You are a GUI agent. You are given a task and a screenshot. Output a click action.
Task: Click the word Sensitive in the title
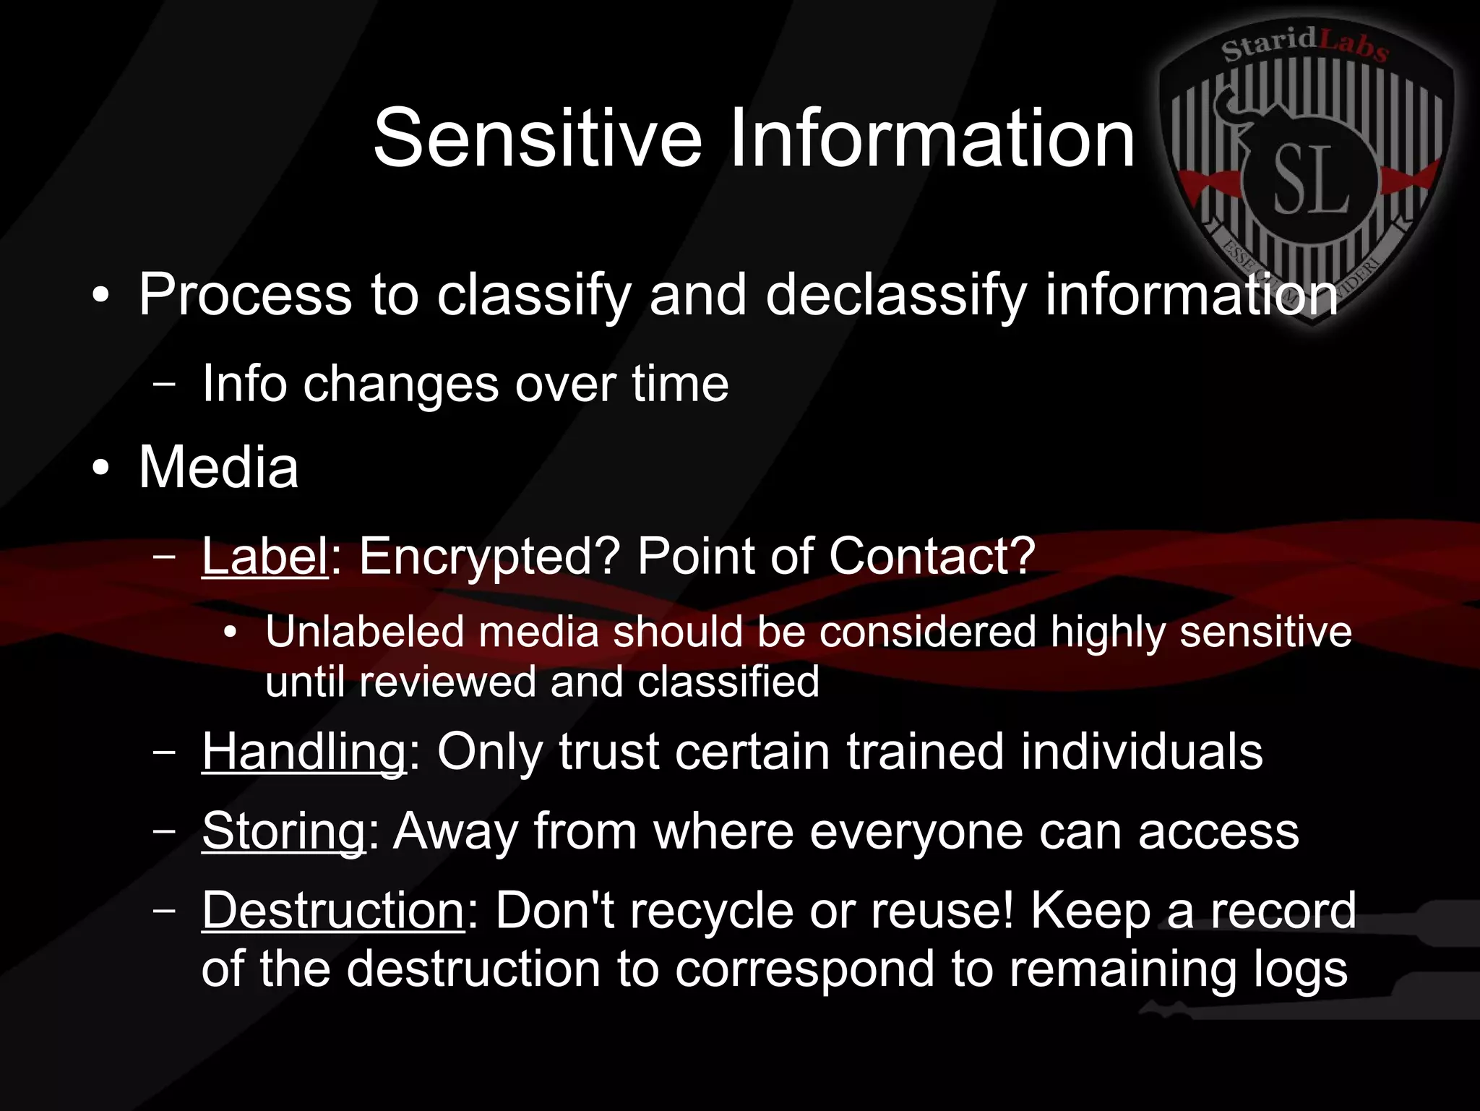pos(537,138)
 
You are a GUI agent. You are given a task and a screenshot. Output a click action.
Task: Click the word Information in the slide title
pos(932,138)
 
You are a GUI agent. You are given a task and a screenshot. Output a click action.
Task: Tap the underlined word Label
pos(265,557)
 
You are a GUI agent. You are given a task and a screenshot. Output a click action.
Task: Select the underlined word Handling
pos(304,752)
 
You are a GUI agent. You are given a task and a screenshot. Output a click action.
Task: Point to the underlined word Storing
pos(284,831)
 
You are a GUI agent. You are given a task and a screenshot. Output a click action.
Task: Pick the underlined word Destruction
pos(333,910)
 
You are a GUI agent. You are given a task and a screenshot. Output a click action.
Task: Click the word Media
pos(218,468)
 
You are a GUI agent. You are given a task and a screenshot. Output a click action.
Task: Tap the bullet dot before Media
pos(101,468)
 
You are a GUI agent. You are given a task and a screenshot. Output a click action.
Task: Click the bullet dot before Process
pos(101,296)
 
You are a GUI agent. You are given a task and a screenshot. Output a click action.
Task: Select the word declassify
pos(896,296)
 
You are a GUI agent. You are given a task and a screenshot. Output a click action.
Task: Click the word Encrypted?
pos(489,557)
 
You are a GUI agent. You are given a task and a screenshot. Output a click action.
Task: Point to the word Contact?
pos(932,557)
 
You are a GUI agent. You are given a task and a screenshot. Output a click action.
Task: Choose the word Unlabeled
pos(364,632)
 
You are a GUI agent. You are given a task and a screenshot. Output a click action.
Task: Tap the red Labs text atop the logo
pos(1354,45)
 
